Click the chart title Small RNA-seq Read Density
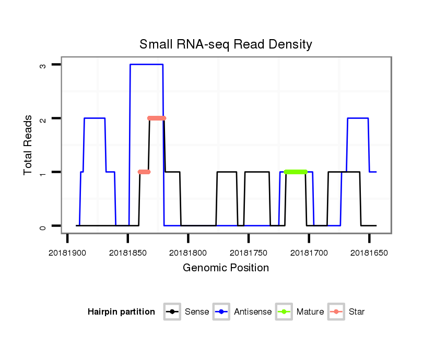coord(226,44)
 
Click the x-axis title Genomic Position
coord(226,268)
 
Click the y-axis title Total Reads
coord(28,145)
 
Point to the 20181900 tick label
coord(67,253)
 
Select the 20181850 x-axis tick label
coord(128,253)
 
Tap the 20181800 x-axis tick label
coord(188,253)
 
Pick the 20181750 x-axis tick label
coord(249,253)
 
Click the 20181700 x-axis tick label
coord(309,253)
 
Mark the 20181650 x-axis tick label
coord(369,253)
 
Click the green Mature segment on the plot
coord(296,172)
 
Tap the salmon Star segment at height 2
coord(157,118)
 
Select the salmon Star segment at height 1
coord(144,172)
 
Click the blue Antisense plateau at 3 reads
coord(146,64)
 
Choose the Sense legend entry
coord(186,312)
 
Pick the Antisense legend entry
coord(243,312)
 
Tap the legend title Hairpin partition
coord(121,312)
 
